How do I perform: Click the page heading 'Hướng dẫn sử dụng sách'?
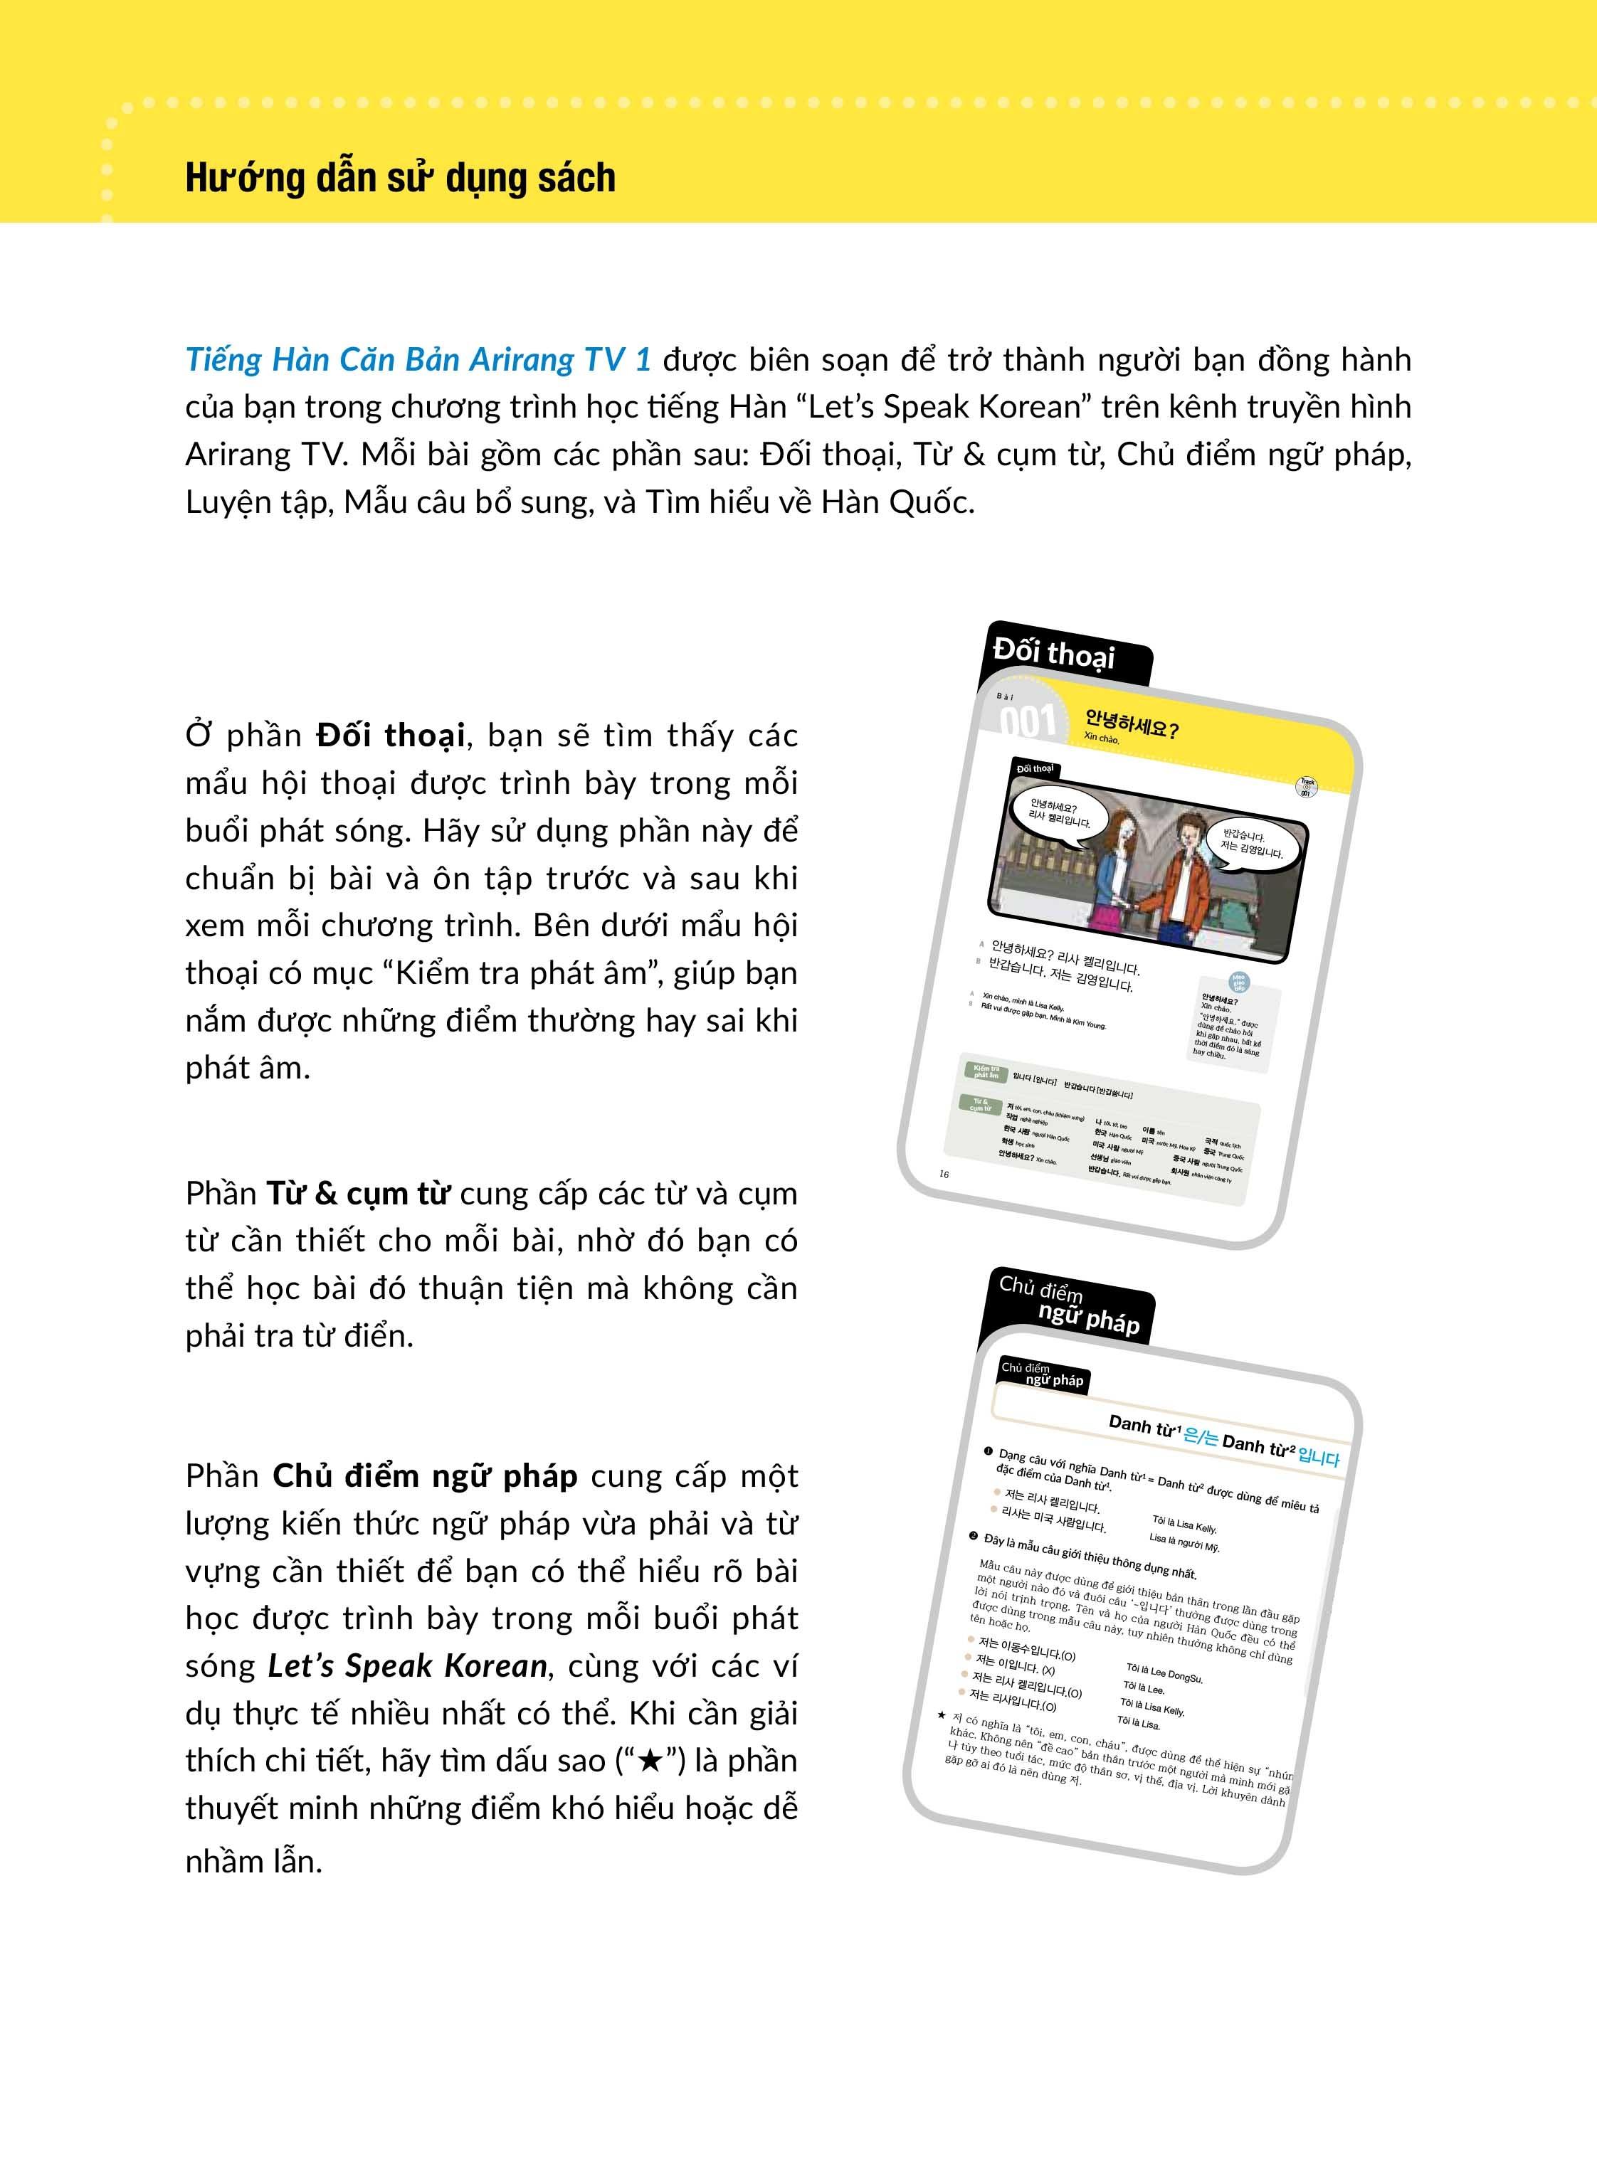pyautogui.click(x=400, y=179)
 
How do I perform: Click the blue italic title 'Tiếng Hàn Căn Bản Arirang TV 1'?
pyautogui.click(x=418, y=359)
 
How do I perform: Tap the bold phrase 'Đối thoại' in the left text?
pyautogui.click(x=389, y=736)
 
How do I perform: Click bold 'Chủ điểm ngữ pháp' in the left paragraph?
pyautogui.click(x=426, y=1475)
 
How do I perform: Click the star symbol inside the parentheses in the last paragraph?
pyautogui.click(x=650, y=1761)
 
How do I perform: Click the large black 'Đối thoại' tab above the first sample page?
pyautogui.click(x=1054, y=654)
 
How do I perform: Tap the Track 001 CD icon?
pyautogui.click(x=1307, y=788)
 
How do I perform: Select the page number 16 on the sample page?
pyautogui.click(x=944, y=1173)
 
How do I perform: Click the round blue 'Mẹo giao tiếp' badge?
pyautogui.click(x=1238, y=982)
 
